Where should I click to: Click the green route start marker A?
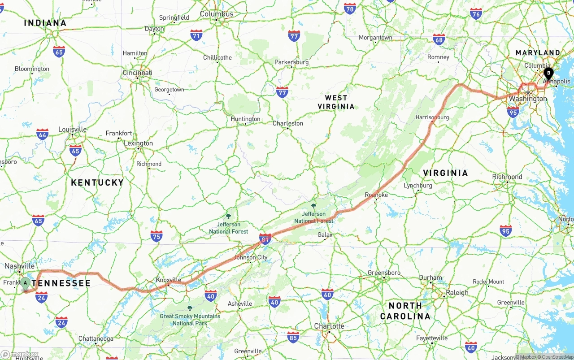[x=26, y=283]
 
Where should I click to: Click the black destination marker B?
[x=548, y=73]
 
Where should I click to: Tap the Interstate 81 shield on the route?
[x=265, y=239]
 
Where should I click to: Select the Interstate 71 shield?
[x=196, y=35]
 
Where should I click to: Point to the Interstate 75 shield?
[x=156, y=236]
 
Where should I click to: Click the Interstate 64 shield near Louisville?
[x=42, y=134]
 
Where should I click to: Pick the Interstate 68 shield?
[x=439, y=39]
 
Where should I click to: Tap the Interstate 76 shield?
[x=476, y=13]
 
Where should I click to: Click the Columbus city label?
[x=217, y=14]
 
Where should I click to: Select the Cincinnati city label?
[x=138, y=73]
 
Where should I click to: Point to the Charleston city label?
[x=288, y=123]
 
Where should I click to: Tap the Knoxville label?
[x=168, y=280]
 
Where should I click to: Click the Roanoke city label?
[x=376, y=195]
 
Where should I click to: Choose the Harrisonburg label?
[x=432, y=117]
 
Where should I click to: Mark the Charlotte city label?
[x=329, y=326]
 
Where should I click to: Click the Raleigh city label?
[x=457, y=293]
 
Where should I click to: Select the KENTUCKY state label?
[x=97, y=182]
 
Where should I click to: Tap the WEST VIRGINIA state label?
[x=336, y=102]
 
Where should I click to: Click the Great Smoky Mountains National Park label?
[x=190, y=319]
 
